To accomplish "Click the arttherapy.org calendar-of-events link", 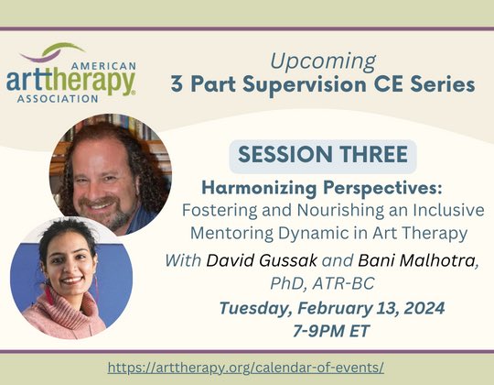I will (246, 367).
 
